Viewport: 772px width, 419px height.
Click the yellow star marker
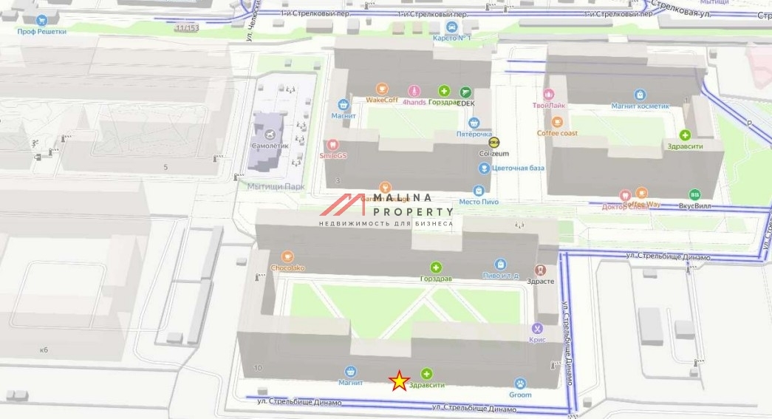399,381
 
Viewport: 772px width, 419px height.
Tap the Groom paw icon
520,384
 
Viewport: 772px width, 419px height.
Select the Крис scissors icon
537,328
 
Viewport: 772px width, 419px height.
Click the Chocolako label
287,268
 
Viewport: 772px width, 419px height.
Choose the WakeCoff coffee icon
382,88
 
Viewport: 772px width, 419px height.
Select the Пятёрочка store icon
474,123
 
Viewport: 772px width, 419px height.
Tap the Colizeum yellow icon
495,143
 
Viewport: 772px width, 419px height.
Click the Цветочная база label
518,168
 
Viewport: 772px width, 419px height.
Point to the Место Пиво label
479,202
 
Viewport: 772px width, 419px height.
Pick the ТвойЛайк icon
548,94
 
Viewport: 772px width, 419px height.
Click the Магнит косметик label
640,106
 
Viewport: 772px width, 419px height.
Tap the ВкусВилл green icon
694,194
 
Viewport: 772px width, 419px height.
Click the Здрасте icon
541,270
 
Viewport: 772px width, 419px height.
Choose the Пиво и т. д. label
500,276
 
